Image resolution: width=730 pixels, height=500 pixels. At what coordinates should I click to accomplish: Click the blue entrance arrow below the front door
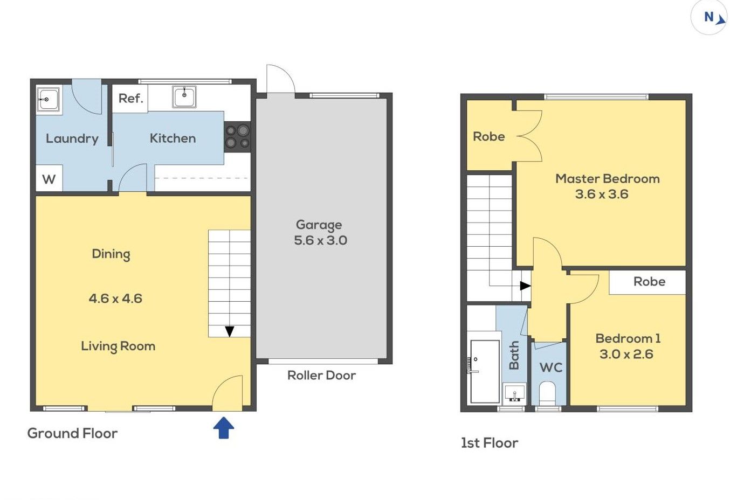pos(224,428)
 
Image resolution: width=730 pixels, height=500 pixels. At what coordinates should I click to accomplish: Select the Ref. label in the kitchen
pos(130,99)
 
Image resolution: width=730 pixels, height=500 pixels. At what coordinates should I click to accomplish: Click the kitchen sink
pos(184,97)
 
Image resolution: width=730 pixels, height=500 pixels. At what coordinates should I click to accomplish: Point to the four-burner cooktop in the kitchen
pos(238,137)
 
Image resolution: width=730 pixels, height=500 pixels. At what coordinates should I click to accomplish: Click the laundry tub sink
pos(48,99)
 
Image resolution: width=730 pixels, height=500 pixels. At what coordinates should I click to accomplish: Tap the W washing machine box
pos(49,178)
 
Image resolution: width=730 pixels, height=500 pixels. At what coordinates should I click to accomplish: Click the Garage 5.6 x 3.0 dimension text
pos(320,240)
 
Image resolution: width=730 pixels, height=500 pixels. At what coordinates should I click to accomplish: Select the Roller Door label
pos(321,376)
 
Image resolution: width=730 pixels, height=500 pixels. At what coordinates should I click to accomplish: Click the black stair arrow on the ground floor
pos(230,331)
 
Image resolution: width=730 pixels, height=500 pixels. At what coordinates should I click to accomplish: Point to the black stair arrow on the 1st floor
pos(525,286)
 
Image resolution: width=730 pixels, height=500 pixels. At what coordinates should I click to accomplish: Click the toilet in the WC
pos(547,393)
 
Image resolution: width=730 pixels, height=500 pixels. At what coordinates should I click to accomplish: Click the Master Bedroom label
pos(608,179)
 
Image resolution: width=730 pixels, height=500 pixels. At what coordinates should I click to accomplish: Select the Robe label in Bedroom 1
pos(649,281)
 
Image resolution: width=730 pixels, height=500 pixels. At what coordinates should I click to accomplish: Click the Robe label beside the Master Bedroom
pos(489,136)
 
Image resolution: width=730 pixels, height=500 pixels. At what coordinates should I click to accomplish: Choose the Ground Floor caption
pos(72,433)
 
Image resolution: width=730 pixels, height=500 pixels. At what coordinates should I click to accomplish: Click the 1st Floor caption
pos(490,443)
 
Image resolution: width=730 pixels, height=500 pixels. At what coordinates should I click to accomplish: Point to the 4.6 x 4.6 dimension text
pos(115,298)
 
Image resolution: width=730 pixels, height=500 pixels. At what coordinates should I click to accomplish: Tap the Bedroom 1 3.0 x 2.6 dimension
pos(626,354)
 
